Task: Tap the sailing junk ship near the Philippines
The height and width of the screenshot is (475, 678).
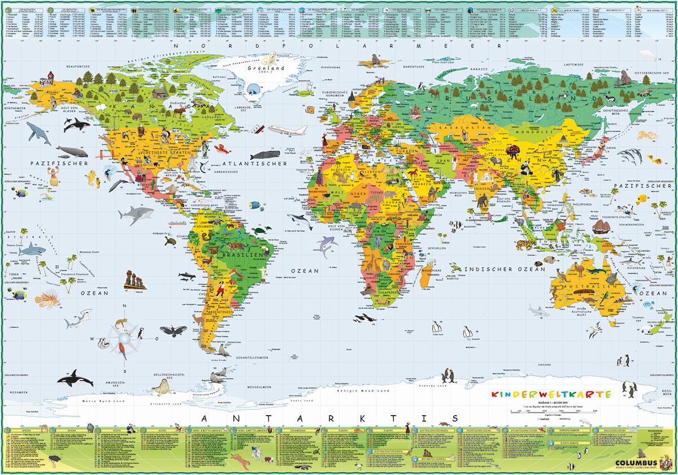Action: coord(601,227)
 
